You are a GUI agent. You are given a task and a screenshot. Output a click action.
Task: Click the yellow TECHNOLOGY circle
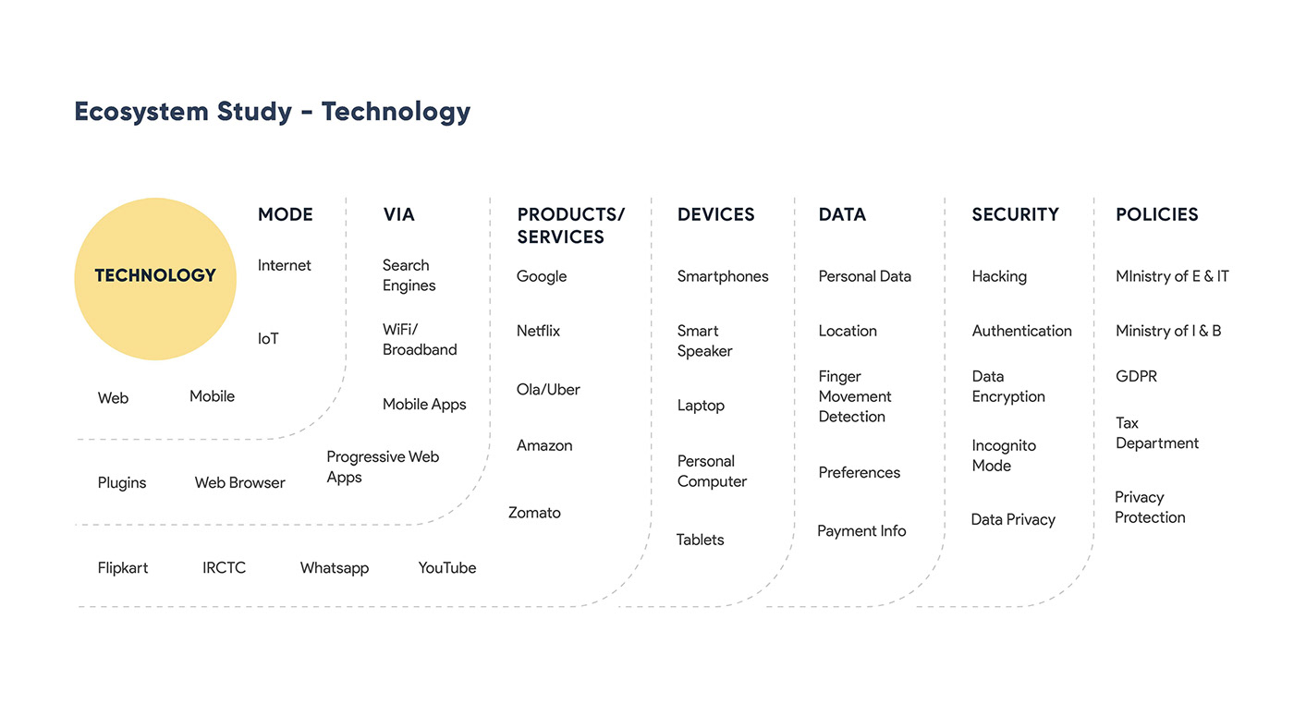[x=155, y=279]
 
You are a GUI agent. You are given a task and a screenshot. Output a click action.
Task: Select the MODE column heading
[x=286, y=214]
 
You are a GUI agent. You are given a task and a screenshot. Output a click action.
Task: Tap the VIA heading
[x=398, y=214]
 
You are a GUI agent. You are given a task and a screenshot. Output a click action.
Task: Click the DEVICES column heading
[x=715, y=214]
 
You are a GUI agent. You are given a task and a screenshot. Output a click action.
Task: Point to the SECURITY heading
[x=1015, y=214]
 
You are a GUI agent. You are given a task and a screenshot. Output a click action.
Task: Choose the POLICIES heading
[x=1156, y=214]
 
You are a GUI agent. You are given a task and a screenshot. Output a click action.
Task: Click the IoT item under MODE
[x=268, y=338]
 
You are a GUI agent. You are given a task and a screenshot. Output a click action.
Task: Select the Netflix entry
[x=538, y=331]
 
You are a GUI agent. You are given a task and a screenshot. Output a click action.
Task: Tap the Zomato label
[x=534, y=513]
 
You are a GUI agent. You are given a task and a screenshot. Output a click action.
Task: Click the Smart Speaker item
[x=704, y=341]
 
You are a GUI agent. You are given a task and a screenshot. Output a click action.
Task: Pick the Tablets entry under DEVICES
[x=701, y=540]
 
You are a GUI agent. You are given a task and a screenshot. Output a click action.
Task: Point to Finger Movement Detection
[x=855, y=396]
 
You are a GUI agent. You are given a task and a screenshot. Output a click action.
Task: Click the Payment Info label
[x=861, y=531]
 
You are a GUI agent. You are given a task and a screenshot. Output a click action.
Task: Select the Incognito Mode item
[x=1004, y=455]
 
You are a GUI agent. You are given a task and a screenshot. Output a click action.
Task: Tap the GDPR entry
[x=1136, y=376]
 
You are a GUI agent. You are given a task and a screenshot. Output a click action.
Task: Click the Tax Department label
[x=1157, y=433]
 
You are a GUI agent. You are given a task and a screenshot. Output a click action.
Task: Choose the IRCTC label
[x=224, y=568]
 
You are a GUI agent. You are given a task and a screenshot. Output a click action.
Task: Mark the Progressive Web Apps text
[x=383, y=467]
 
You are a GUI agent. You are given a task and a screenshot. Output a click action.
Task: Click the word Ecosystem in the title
[x=141, y=112]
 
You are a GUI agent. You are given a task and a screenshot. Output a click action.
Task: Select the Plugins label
[x=122, y=483]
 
